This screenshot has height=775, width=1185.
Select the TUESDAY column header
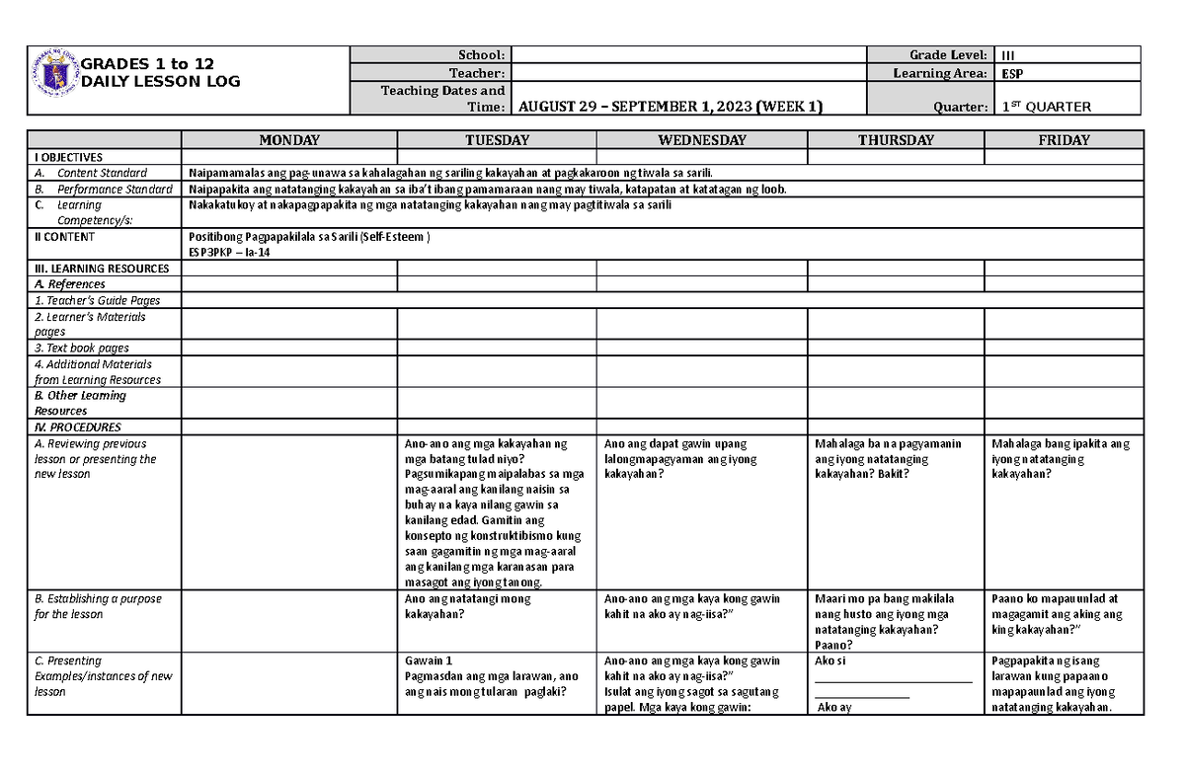(497, 140)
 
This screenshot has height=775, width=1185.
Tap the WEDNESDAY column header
(701, 140)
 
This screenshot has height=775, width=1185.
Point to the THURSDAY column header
(896, 140)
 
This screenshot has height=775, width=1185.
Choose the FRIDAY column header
(1064, 140)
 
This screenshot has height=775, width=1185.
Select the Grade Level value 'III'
(1008, 55)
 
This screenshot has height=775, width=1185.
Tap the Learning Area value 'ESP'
(1011, 73)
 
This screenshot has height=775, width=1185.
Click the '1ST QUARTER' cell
(1046, 107)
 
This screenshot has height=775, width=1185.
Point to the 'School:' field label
(481, 55)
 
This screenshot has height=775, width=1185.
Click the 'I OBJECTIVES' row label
(69, 157)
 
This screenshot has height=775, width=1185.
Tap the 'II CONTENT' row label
(65, 237)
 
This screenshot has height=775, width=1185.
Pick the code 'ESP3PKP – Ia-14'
(228, 252)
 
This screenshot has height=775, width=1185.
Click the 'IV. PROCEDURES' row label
(78, 427)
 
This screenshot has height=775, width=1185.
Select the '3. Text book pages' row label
(82, 348)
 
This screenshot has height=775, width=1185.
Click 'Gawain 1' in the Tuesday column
(430, 660)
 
